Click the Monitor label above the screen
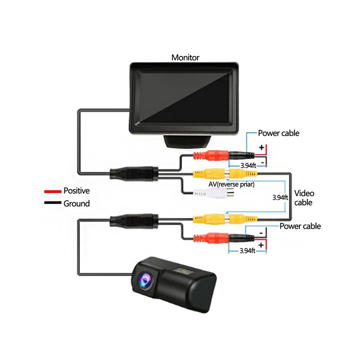pyautogui.click(x=185, y=57)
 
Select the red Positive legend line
pyautogui.click(x=53, y=191)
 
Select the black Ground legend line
pyautogui.click(x=53, y=203)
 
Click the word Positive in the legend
pyautogui.click(x=76, y=191)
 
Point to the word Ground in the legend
pyautogui.click(x=76, y=203)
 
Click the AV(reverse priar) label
pyautogui.click(x=231, y=184)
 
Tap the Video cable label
pyautogui.click(x=304, y=198)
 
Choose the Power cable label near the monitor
pyautogui.click(x=279, y=133)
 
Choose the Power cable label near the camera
pyautogui.click(x=300, y=226)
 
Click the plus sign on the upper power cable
pyautogui.click(x=261, y=147)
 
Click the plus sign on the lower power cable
pyautogui.click(x=261, y=245)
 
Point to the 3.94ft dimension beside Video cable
pyautogui.click(x=280, y=197)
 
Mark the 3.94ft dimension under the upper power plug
pyautogui.click(x=248, y=165)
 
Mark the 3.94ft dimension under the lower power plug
pyautogui.click(x=247, y=251)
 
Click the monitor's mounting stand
pyautogui.click(x=187, y=141)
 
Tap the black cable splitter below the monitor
pyautogui.click(x=134, y=173)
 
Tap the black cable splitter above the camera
pyautogui.click(x=134, y=221)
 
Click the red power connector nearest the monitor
pyautogui.click(x=211, y=156)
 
